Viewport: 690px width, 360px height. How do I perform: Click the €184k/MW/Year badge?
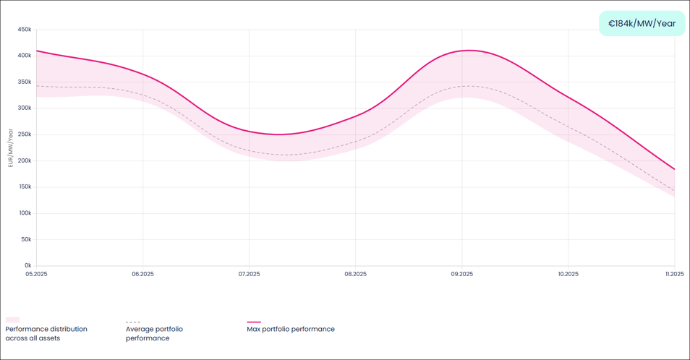(x=642, y=23)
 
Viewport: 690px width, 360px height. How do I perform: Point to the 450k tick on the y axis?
(x=25, y=30)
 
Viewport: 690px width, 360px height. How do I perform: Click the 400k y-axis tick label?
(x=25, y=56)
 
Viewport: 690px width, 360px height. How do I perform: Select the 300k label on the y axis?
(x=25, y=108)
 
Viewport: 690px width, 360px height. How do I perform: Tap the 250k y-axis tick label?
(x=25, y=134)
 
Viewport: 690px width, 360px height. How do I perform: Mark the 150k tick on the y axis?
(x=25, y=187)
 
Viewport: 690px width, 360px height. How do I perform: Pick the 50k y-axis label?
(x=26, y=239)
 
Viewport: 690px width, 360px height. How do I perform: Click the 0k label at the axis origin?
(x=27, y=265)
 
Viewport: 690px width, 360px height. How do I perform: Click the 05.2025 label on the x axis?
(x=36, y=274)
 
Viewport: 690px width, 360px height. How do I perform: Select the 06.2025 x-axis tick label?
(x=142, y=274)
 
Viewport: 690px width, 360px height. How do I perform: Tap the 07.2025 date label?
(x=249, y=274)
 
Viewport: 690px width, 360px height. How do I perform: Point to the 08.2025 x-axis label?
(x=355, y=274)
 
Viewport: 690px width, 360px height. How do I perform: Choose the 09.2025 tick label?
(x=461, y=274)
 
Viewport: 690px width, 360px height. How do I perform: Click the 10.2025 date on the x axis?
(x=568, y=274)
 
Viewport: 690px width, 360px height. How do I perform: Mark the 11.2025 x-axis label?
(x=674, y=274)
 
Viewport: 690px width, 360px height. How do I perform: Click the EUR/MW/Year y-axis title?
(x=11, y=147)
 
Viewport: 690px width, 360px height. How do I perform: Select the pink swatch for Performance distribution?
(x=12, y=320)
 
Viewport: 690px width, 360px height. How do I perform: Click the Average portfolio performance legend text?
(x=154, y=333)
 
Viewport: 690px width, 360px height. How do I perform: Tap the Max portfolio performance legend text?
(x=290, y=329)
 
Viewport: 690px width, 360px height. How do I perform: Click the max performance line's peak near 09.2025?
(x=469, y=50)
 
